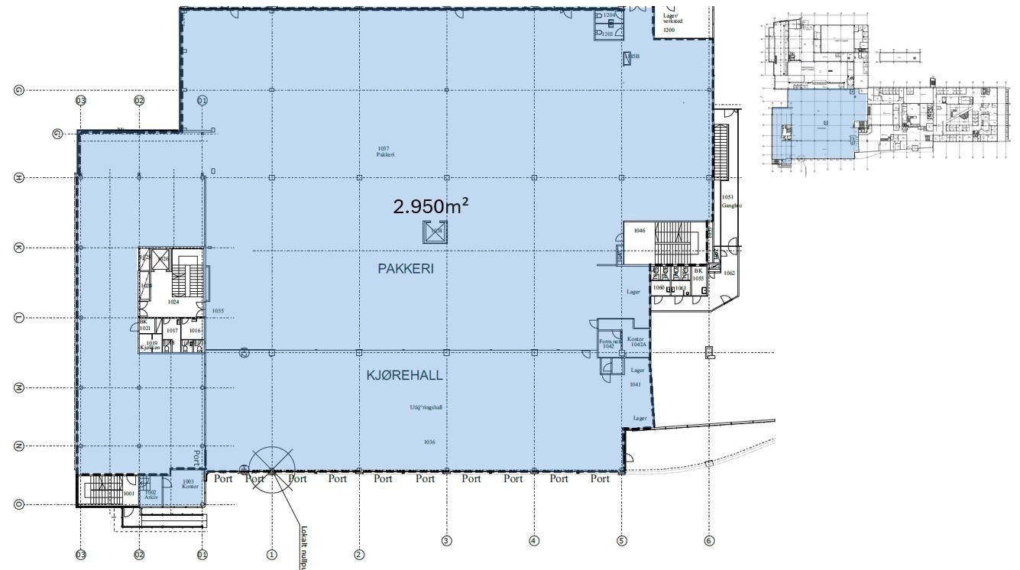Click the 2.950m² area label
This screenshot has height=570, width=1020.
tap(431, 206)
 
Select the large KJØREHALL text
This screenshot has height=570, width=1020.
tap(405, 376)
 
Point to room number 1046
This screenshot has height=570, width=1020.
tap(640, 230)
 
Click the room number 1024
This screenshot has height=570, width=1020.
tap(173, 302)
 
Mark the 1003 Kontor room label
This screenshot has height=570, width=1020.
tap(190, 484)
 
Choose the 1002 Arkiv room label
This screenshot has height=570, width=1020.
tap(151, 495)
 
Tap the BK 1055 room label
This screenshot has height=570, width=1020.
tap(698, 274)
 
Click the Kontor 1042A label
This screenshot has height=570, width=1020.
tap(636, 342)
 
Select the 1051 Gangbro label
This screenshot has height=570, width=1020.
tap(731, 202)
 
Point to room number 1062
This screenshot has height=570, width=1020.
tap(729, 273)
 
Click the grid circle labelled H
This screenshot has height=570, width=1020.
tap(19, 177)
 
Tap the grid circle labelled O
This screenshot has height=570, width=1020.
tap(19, 504)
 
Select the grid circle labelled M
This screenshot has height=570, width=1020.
tap(19, 388)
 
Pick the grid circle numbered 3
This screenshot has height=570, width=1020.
tap(446, 541)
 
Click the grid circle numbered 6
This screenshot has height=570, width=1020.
tap(709, 541)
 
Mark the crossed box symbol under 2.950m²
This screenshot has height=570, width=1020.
tap(436, 232)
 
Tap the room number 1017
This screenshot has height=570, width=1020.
tap(172, 331)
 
